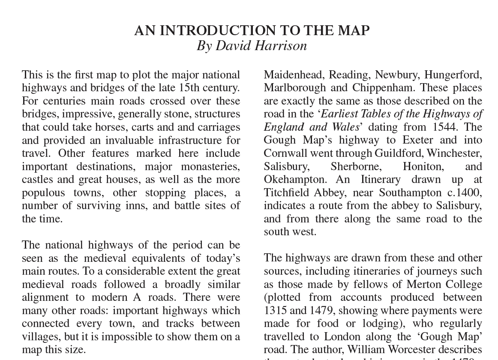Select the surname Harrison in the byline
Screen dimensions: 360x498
tap(282, 46)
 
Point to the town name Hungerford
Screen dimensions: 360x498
tap(453, 75)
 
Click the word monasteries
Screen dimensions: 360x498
tap(210, 167)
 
